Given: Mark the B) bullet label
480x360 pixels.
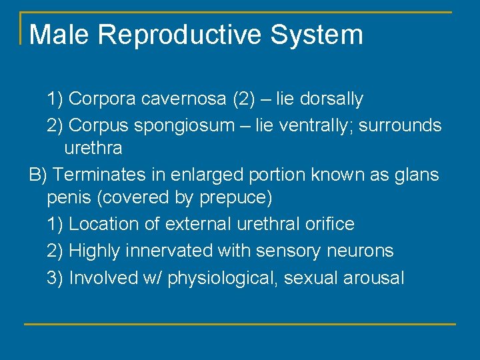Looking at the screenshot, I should click(39, 175).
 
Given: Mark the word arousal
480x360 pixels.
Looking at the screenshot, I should click(373, 278).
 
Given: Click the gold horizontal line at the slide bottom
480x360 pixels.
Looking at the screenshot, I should click(240, 324).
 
